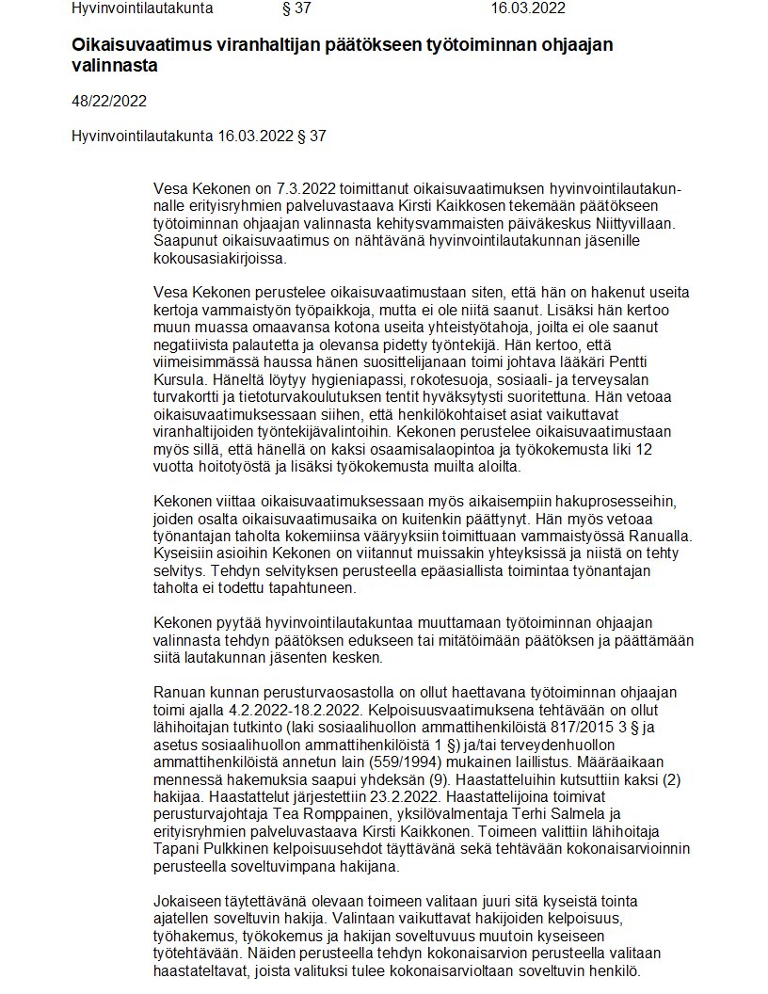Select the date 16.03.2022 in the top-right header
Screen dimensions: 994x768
(528, 8)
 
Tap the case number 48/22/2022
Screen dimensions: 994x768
(109, 101)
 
